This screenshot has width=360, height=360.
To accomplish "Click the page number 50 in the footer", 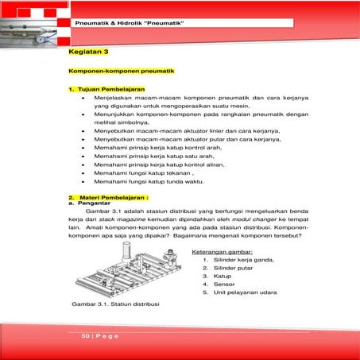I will tap(86, 336).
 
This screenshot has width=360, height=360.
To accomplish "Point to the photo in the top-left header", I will tap(32, 21).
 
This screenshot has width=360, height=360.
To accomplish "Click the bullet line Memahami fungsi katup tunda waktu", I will tap(148, 181).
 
